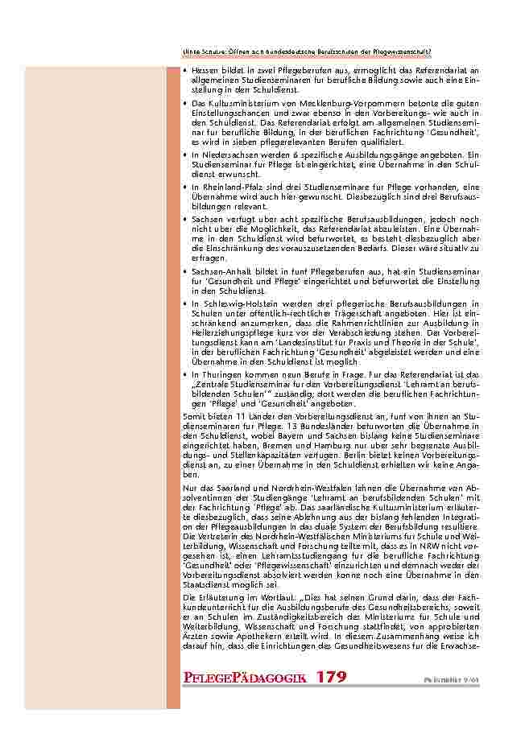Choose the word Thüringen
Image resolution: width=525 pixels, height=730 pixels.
click(x=215, y=374)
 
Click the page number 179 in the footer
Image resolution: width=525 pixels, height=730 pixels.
click(x=331, y=677)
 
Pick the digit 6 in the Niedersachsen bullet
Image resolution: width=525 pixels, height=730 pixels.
click(x=298, y=154)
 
